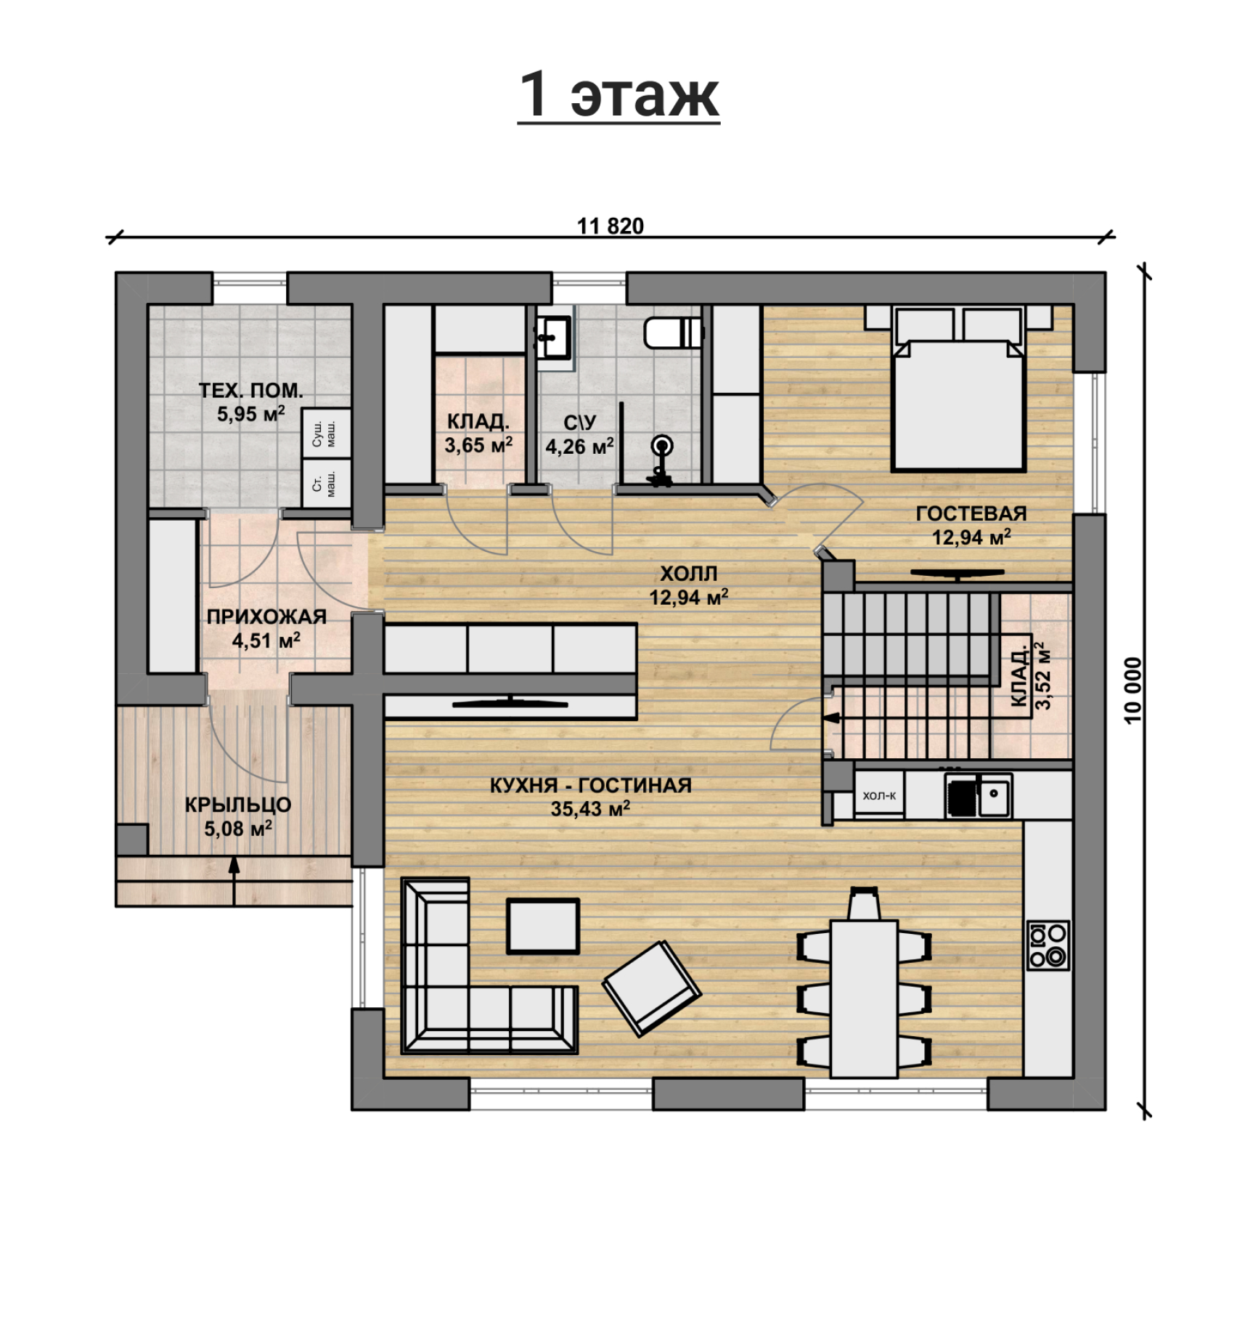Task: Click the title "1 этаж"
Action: pos(618,95)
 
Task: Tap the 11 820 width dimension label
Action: pos(611,227)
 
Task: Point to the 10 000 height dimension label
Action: pos(1133,691)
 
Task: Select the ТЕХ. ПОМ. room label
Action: pos(251,391)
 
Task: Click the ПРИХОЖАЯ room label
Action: pos(266,617)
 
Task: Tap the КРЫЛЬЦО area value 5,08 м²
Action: pos(238,829)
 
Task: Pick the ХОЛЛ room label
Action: pos(689,574)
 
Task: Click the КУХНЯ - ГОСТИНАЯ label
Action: pos(590,785)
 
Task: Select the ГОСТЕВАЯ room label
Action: pos(971,513)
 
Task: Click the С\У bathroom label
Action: pos(579,423)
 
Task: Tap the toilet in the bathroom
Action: pos(673,333)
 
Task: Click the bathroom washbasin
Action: pos(553,338)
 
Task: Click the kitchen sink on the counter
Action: pos(978,795)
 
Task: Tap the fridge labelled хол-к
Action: pos(879,795)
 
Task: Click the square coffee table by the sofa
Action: pos(543,926)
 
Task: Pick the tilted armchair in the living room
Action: pos(651,988)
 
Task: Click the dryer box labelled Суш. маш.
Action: pos(326,433)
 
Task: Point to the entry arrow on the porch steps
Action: pos(234,882)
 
